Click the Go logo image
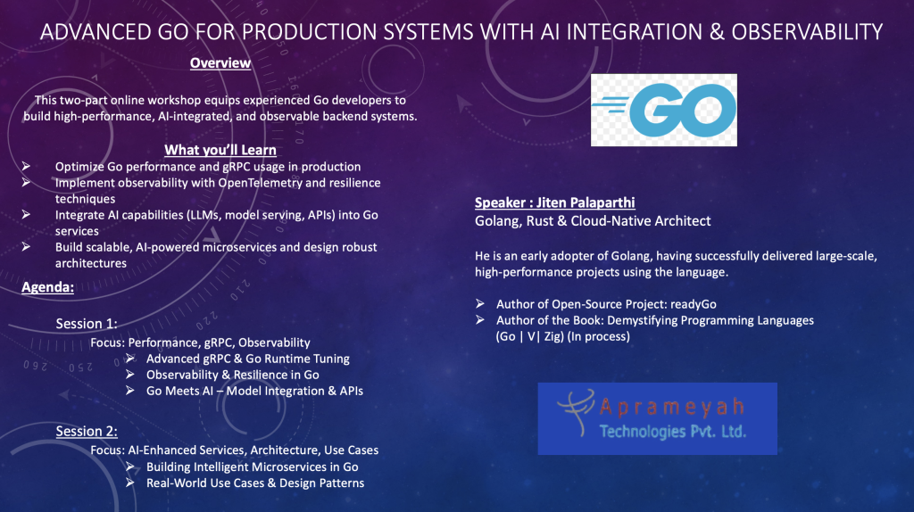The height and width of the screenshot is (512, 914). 664,110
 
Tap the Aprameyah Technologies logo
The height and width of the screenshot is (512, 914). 658,419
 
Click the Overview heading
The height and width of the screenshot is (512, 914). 220,63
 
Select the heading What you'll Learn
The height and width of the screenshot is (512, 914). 220,150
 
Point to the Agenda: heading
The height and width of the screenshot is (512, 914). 48,287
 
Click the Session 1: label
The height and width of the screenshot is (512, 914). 87,324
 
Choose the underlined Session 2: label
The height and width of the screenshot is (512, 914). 87,431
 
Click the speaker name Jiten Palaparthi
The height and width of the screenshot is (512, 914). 586,202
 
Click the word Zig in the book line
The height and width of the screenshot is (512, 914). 553,336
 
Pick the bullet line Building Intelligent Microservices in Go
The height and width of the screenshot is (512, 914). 253,467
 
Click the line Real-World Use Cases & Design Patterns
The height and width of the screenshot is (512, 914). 255,483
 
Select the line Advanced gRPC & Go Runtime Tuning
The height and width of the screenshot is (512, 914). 248,359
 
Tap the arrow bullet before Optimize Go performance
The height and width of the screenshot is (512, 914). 26,167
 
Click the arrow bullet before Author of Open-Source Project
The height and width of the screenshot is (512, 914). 479,303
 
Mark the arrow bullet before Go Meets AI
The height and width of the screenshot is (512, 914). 130,391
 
